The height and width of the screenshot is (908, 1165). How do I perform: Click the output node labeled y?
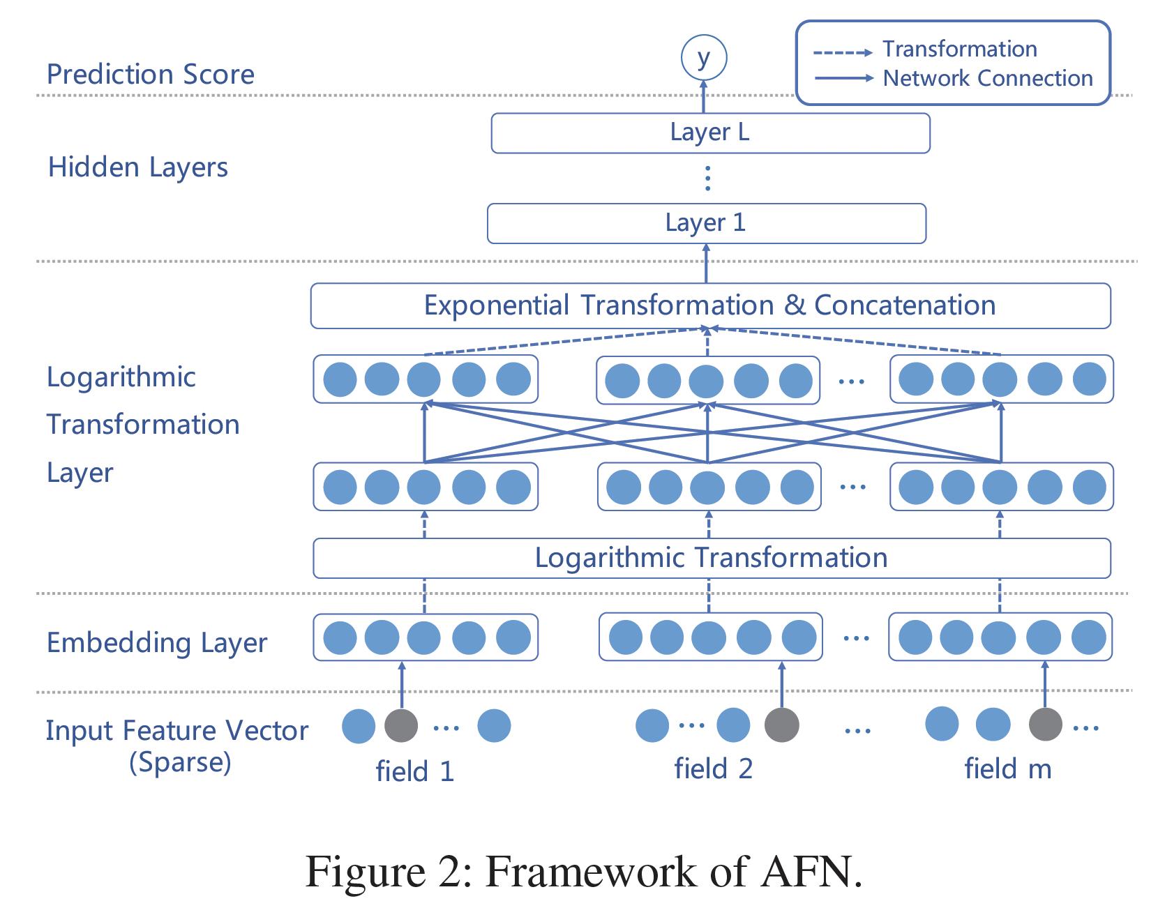pos(703,58)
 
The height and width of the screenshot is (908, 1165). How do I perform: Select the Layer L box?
pos(710,133)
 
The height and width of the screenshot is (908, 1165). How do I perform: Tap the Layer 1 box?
pos(706,223)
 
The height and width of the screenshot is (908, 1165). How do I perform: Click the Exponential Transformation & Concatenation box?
pos(710,305)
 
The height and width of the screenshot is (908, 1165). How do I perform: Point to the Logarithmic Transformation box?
pos(711,558)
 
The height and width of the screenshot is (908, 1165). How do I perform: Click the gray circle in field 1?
pos(401,726)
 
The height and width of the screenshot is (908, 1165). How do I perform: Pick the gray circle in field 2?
pos(781,725)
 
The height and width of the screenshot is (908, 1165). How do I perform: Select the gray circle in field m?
pos(1045,724)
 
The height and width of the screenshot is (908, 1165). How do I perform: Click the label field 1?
pos(415,771)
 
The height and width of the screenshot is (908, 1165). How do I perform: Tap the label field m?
pos(1007,769)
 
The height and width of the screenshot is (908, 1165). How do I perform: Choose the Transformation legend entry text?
pos(959,50)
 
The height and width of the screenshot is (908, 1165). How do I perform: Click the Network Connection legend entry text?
pos(987,78)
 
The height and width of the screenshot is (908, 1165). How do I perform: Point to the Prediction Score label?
pos(151,75)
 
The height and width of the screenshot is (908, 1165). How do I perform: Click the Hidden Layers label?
pos(138,167)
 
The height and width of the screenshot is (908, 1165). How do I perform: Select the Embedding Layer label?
pos(157,643)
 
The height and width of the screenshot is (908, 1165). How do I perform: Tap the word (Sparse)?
pos(180,762)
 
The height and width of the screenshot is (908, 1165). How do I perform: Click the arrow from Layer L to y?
pos(703,97)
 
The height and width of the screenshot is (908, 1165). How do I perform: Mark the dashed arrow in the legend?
pos(842,52)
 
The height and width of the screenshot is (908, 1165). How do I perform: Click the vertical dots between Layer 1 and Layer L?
pos(707,179)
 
